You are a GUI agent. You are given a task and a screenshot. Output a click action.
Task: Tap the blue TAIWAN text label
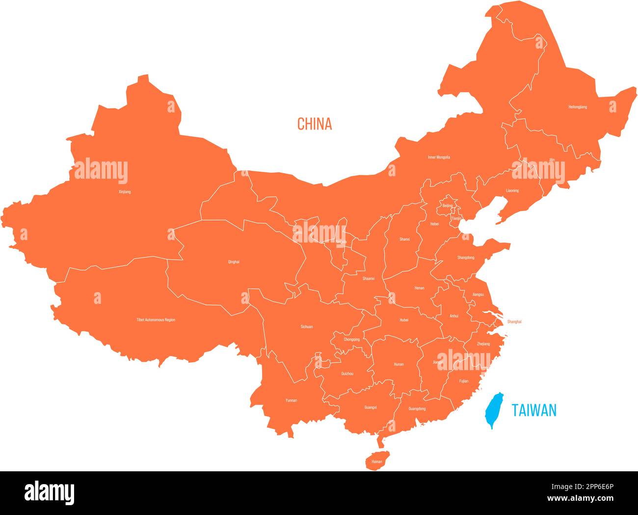534,410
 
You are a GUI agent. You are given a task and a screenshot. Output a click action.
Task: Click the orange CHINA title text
315,124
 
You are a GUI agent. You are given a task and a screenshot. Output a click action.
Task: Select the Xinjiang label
125,192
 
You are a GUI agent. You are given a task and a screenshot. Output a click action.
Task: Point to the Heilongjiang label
578,107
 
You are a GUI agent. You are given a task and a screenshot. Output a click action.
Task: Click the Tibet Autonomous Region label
156,320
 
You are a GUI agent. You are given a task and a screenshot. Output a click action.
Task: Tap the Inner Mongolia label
439,158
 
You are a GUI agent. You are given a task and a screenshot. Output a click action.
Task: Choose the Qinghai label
234,262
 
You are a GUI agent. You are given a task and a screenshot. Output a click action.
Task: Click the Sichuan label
307,326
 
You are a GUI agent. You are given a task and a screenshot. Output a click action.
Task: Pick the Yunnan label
291,401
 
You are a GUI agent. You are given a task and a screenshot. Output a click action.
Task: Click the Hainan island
376,461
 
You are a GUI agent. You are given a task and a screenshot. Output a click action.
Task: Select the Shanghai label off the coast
514,322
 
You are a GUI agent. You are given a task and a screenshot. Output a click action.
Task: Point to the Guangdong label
417,408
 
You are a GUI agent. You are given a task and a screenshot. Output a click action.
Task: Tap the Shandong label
466,258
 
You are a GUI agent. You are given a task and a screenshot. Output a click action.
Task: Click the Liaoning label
512,191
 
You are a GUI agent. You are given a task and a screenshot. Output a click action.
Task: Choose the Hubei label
404,320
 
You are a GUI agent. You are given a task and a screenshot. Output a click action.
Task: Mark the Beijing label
448,206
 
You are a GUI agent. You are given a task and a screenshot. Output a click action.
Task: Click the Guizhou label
347,374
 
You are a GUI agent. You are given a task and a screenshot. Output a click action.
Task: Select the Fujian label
464,381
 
